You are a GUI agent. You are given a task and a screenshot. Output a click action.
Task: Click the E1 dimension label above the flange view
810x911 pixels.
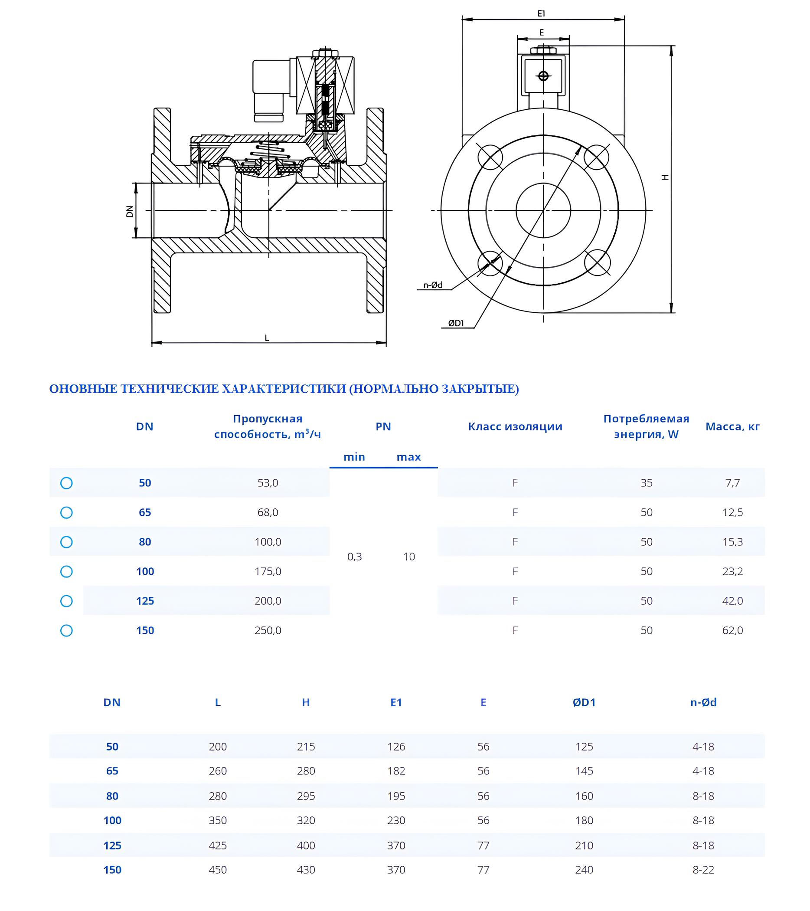541,14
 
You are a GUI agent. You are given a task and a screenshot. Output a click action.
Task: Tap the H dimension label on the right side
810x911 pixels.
665,177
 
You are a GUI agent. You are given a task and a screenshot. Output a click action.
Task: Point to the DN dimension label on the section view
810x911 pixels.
130,211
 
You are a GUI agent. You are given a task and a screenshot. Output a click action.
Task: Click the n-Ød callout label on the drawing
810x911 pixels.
433,285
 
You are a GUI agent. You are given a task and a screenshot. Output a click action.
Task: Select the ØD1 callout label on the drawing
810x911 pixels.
456,323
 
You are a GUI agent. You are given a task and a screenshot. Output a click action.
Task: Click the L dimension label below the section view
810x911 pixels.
267,338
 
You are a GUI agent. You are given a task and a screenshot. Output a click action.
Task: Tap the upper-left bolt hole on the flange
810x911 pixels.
490,157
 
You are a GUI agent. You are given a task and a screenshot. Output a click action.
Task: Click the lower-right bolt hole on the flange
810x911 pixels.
597,262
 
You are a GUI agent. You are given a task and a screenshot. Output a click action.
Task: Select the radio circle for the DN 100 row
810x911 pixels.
66,571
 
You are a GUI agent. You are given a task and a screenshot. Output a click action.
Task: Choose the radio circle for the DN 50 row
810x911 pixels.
66,483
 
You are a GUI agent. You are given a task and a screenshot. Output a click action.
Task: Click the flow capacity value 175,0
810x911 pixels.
268,571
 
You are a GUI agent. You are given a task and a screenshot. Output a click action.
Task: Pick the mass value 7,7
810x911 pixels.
732,483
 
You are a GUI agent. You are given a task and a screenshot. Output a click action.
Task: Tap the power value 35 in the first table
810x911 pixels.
647,483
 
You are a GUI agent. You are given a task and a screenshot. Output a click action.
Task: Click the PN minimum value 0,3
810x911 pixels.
354,557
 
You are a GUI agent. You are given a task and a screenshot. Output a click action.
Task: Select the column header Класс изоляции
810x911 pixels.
515,426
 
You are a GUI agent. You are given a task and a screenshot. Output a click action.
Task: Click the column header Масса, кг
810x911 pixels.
732,426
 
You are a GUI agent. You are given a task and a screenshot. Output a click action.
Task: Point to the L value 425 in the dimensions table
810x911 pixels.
218,845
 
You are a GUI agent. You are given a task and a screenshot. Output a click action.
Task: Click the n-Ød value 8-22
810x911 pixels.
703,869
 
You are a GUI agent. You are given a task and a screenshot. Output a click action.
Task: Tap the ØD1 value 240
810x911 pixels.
584,869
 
